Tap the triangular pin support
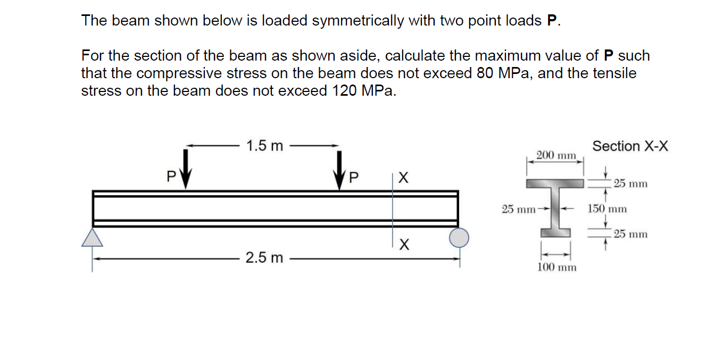tap(92, 238)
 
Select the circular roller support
tap(459, 237)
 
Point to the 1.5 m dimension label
tap(265, 146)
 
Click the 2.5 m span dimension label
tap(264, 259)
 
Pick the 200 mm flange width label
tap(556, 156)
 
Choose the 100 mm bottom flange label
tap(557, 267)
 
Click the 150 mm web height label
tap(607, 209)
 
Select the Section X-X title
tap(630, 146)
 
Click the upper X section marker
tap(404, 178)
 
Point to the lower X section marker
tap(404, 245)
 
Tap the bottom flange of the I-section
tap(556, 232)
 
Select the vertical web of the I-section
tap(556, 208)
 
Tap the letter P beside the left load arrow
tap(170, 177)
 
